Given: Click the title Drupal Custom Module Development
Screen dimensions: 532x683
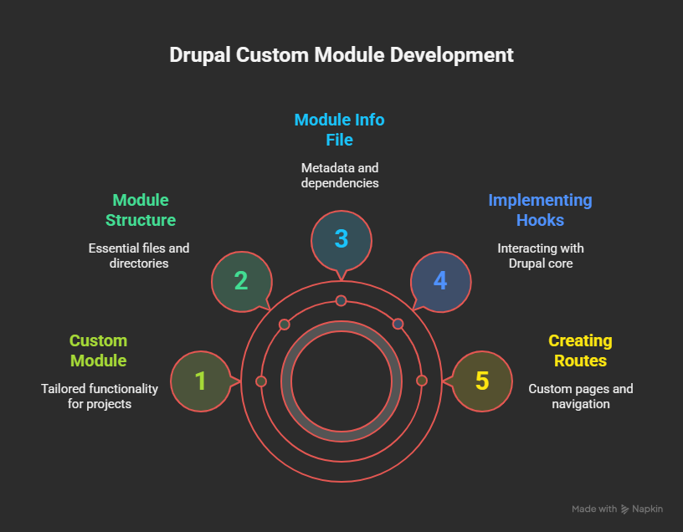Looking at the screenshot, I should [341, 55].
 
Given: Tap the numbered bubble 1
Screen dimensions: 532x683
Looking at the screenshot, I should [200, 381].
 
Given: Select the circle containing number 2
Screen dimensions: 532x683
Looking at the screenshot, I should [241, 280].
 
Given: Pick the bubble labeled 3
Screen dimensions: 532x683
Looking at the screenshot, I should [341, 238].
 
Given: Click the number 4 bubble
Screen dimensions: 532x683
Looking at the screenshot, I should [439, 280].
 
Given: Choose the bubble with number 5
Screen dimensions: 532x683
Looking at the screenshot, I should [481, 381].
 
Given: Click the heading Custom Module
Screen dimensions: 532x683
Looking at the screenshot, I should [98, 350].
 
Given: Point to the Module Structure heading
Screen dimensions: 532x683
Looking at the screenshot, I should [140, 210].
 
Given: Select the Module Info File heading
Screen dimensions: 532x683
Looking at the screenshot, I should [339, 130].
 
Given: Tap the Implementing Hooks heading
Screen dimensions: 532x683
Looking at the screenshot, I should [540, 210].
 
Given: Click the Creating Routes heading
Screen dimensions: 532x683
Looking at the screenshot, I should [580, 350].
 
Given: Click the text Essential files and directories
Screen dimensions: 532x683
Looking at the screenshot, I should [139, 255].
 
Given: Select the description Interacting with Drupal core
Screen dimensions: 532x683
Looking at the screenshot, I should [540, 255].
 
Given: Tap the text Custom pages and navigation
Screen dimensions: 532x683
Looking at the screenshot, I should [580, 396].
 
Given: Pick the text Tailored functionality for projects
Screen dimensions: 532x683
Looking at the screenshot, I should [99, 396].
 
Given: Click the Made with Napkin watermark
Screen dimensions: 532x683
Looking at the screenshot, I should [618, 509].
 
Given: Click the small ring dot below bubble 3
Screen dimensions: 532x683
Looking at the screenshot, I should [341, 300].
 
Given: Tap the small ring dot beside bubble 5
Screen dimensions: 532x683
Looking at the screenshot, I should [422, 381].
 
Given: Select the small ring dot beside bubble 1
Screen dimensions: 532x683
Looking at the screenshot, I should [260, 381].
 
